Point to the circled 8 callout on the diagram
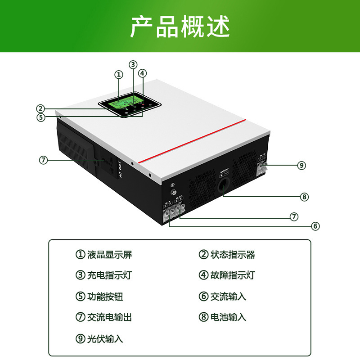(304, 197)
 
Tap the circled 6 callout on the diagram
(315, 226)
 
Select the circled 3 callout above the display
(133, 64)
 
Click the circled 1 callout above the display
(118, 74)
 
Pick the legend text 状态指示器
(233, 255)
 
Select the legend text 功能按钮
(105, 297)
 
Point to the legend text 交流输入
(228, 297)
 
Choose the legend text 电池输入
(228, 317)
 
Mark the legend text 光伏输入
(105, 338)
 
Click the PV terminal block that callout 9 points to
(261, 167)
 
